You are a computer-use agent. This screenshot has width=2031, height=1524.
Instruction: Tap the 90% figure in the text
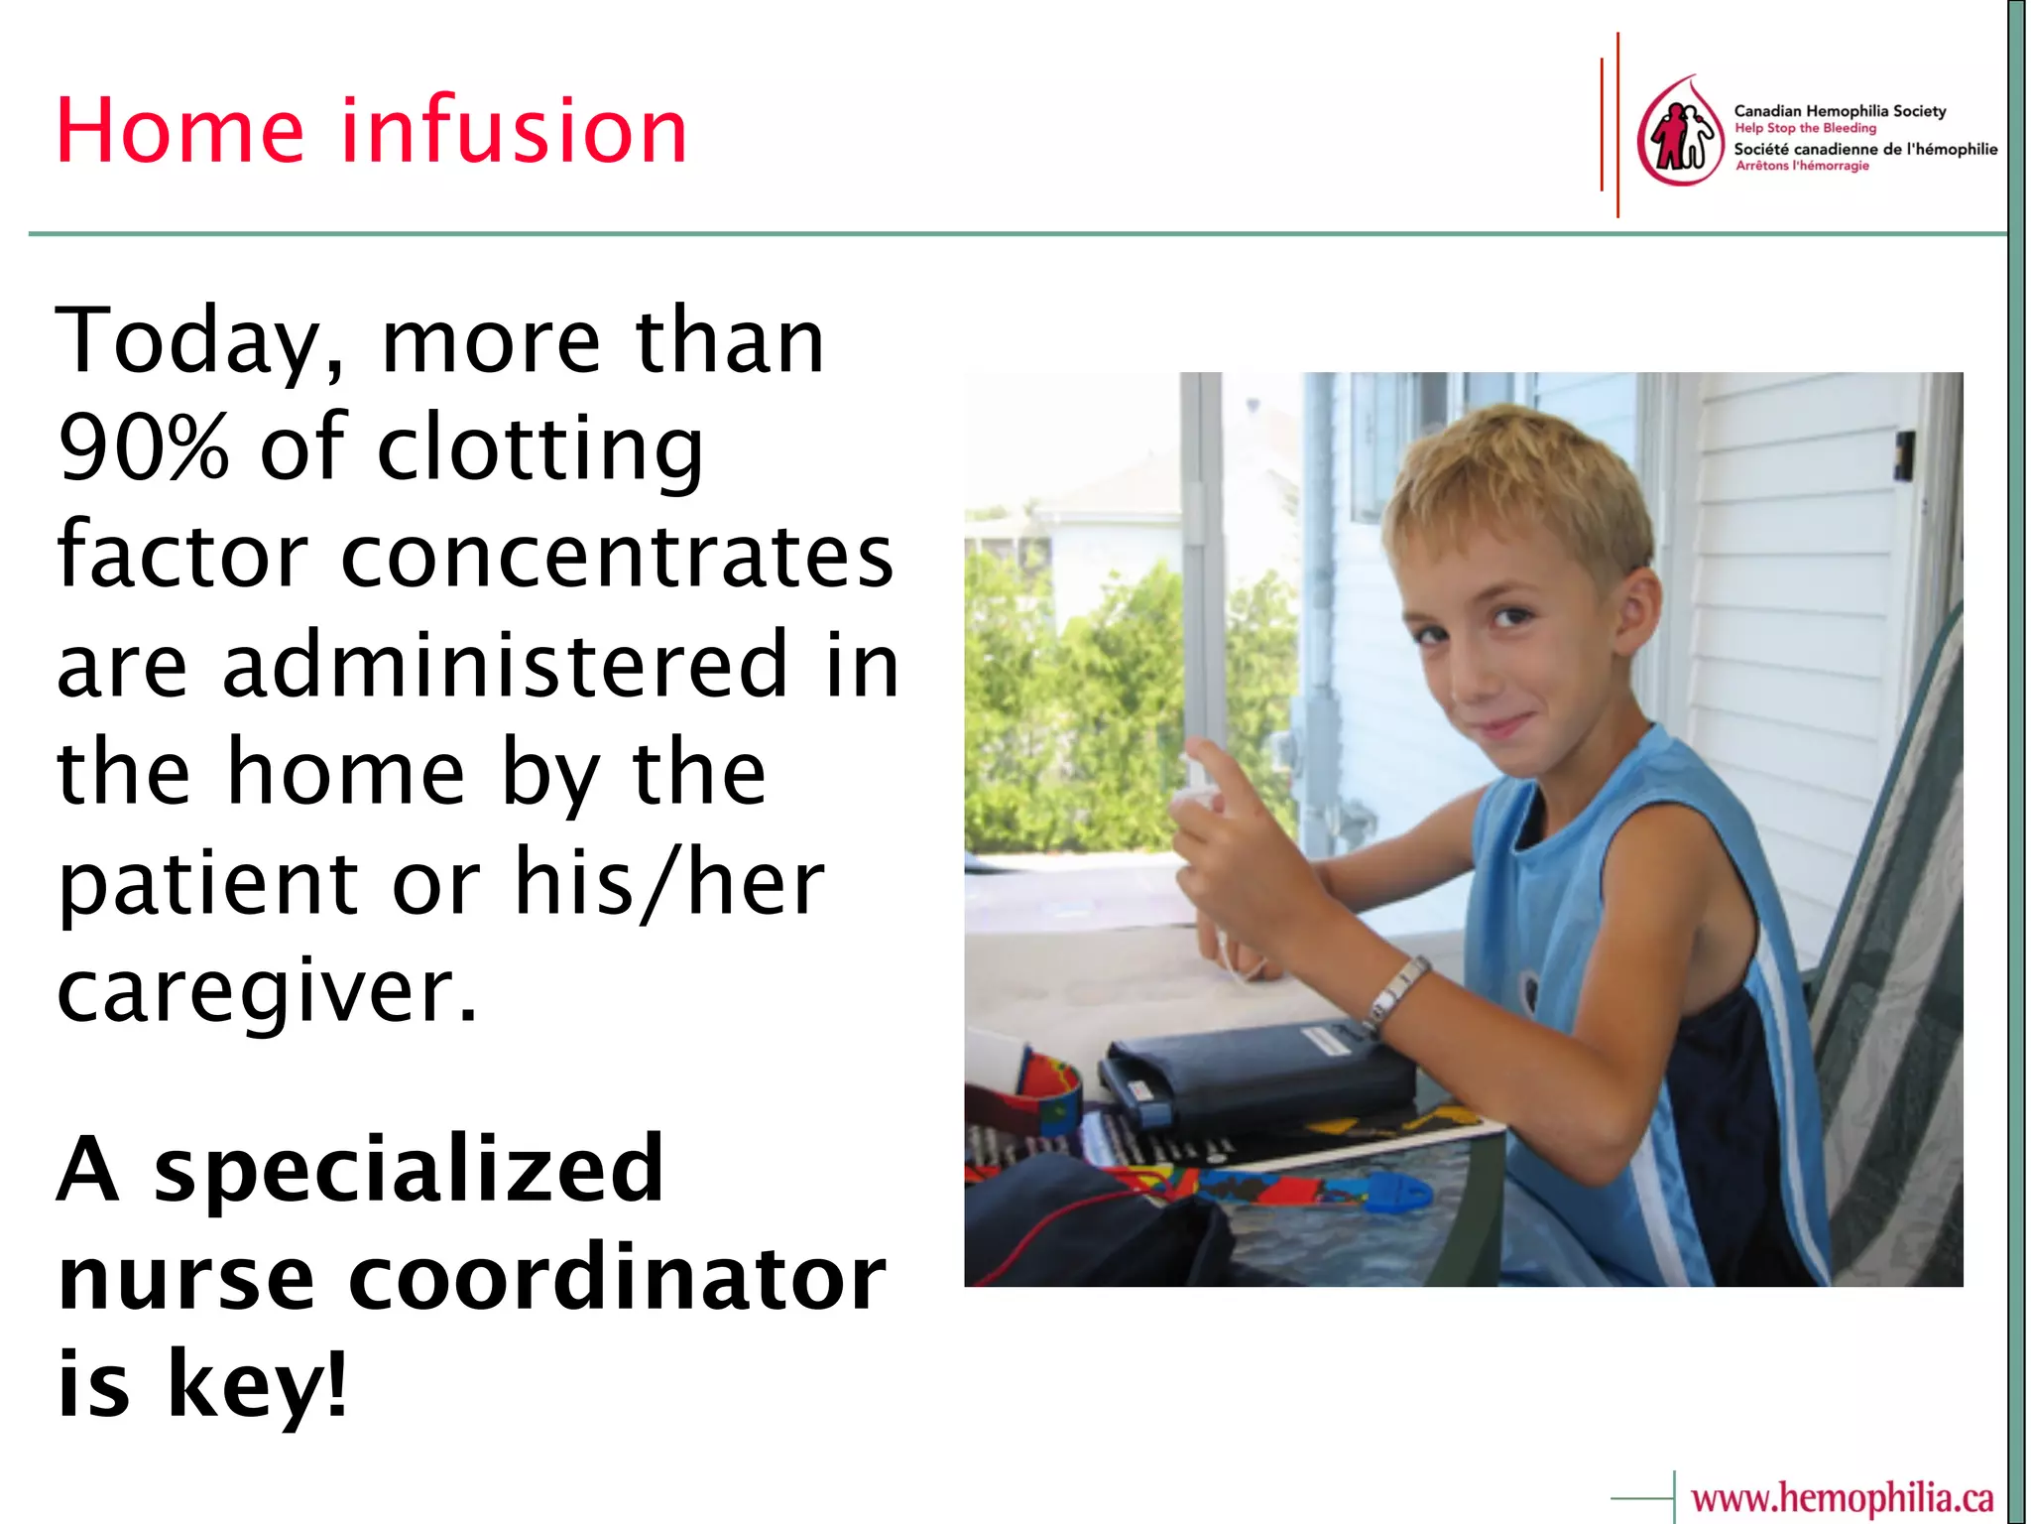(x=144, y=447)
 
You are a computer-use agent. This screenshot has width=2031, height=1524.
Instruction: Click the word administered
(x=506, y=664)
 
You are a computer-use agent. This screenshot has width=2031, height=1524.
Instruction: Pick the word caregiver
(x=268, y=992)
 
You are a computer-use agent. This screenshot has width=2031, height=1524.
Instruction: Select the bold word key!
(x=258, y=1385)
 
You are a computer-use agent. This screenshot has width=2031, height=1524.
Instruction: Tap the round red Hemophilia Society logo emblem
(x=1679, y=132)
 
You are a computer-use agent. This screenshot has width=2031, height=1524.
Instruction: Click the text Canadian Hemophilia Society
(x=1840, y=111)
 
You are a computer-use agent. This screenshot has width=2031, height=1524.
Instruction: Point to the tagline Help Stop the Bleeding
(x=1805, y=128)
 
